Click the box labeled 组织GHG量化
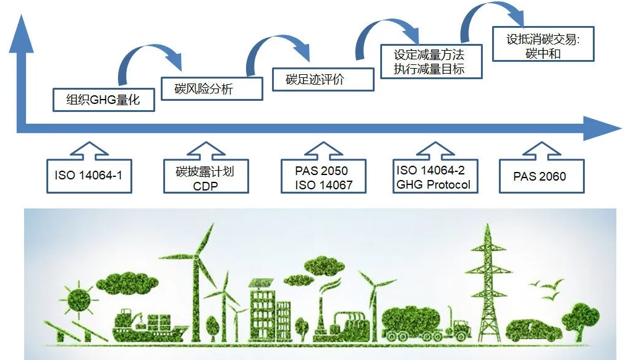pyautogui.click(x=104, y=100)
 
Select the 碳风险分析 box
pyautogui.click(x=212, y=88)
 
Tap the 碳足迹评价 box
pyautogui.click(x=323, y=79)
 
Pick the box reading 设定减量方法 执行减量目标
pyautogui.click(x=432, y=61)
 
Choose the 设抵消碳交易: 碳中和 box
pyautogui.click(x=543, y=44)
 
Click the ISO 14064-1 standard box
pyautogui.click(x=89, y=176)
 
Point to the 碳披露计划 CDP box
pyautogui.click(x=206, y=176)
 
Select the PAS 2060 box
pyautogui.click(x=542, y=176)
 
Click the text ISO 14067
pyautogui.click(x=324, y=185)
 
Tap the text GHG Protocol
pyautogui.click(x=433, y=184)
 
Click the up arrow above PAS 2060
pyautogui.click(x=542, y=150)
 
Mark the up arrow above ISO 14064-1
pyautogui.click(x=89, y=150)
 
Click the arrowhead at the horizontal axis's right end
pyautogui.click(x=602, y=129)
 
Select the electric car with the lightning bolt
pyautogui.click(x=534, y=330)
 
